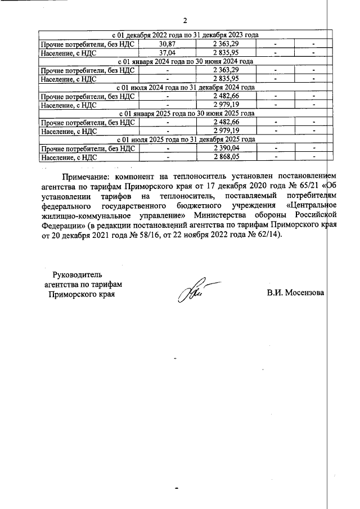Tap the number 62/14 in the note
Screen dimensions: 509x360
pyautogui.click(x=269, y=236)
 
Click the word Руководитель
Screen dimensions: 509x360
pyautogui.click(x=77, y=275)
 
